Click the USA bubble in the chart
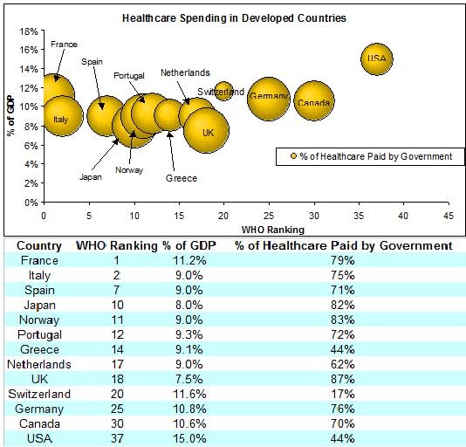point(376,59)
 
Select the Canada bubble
point(313,103)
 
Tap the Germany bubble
point(268,98)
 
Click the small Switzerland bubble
point(224,91)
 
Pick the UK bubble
point(207,131)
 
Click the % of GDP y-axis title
point(11,116)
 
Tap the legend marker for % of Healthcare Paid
point(292,156)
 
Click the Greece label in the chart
point(181,178)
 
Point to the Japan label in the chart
point(91,176)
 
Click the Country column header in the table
point(39,245)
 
